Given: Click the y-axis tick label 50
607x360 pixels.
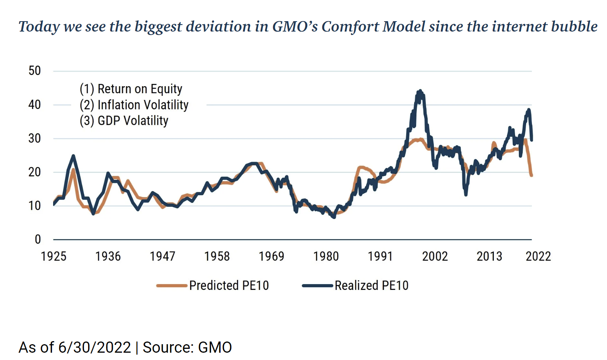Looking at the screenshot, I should (x=35, y=71).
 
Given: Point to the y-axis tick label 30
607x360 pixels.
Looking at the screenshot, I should (x=35, y=138).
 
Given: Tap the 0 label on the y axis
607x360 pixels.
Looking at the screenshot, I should (x=38, y=239).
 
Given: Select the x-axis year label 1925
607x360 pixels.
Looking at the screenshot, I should (x=54, y=256).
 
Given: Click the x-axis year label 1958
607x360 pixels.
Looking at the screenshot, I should (x=217, y=256).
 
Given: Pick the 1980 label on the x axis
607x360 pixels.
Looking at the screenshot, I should (x=326, y=256).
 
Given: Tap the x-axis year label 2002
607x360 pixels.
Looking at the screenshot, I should (x=435, y=256).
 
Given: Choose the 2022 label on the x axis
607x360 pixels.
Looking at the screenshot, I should (x=538, y=256).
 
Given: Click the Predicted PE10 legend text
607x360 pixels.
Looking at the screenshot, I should (x=229, y=285).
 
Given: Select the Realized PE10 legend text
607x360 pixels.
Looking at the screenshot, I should (x=371, y=285).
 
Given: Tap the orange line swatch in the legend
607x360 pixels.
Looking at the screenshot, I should (x=172, y=286).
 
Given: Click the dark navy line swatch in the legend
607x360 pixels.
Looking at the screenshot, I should (x=317, y=286).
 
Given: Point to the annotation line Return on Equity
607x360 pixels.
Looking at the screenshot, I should (x=131, y=89).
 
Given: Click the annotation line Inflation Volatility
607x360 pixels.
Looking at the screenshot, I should (x=134, y=105).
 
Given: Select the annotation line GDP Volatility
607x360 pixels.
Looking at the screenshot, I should (x=124, y=121).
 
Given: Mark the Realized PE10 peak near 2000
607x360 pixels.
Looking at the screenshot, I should (x=420, y=91).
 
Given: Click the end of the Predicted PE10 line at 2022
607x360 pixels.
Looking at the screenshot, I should (x=532, y=175).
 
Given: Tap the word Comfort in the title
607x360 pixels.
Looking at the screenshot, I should (x=351, y=27).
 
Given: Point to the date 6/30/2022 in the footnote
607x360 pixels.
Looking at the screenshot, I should (x=94, y=347).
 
